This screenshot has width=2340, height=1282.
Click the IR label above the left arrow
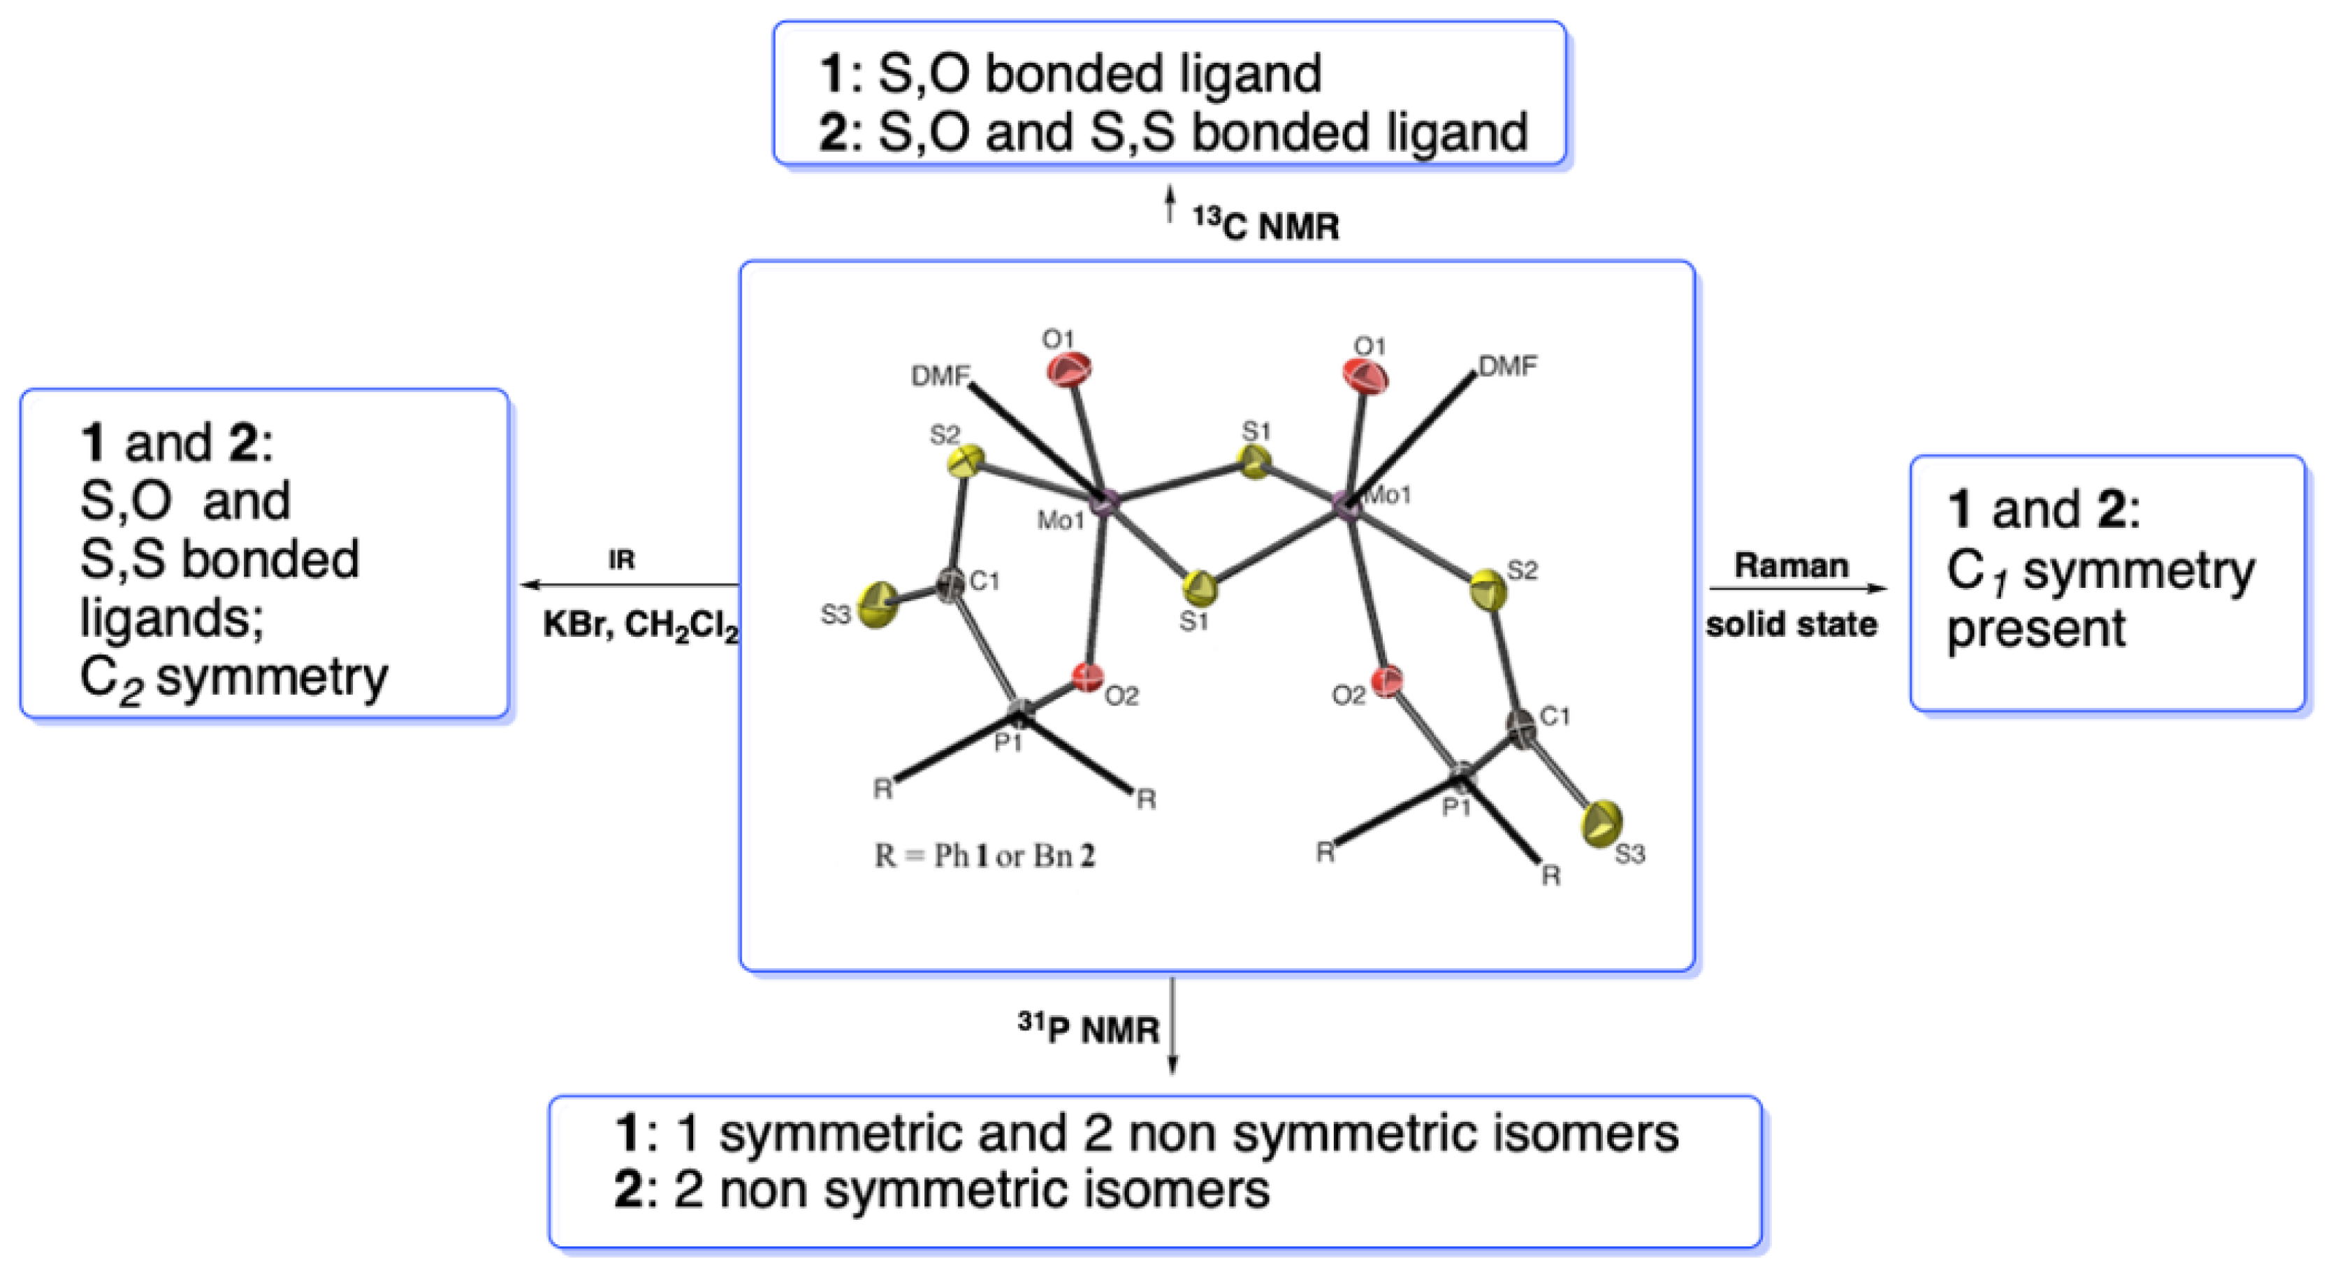pyautogui.click(x=621, y=561)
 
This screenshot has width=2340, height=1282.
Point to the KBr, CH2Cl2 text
pyautogui.click(x=641, y=626)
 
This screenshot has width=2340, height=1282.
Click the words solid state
pyautogui.click(x=1792, y=625)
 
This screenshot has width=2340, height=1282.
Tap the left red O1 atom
pyautogui.click(x=1069, y=370)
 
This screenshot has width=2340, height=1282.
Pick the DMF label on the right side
pyautogui.click(x=1508, y=366)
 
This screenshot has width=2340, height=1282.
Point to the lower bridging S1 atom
pyautogui.click(x=1201, y=588)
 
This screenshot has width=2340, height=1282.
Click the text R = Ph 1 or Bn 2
pyautogui.click(x=984, y=856)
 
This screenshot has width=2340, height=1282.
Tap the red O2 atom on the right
pyautogui.click(x=1386, y=682)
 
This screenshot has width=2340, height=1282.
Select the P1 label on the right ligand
pyautogui.click(x=1457, y=807)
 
